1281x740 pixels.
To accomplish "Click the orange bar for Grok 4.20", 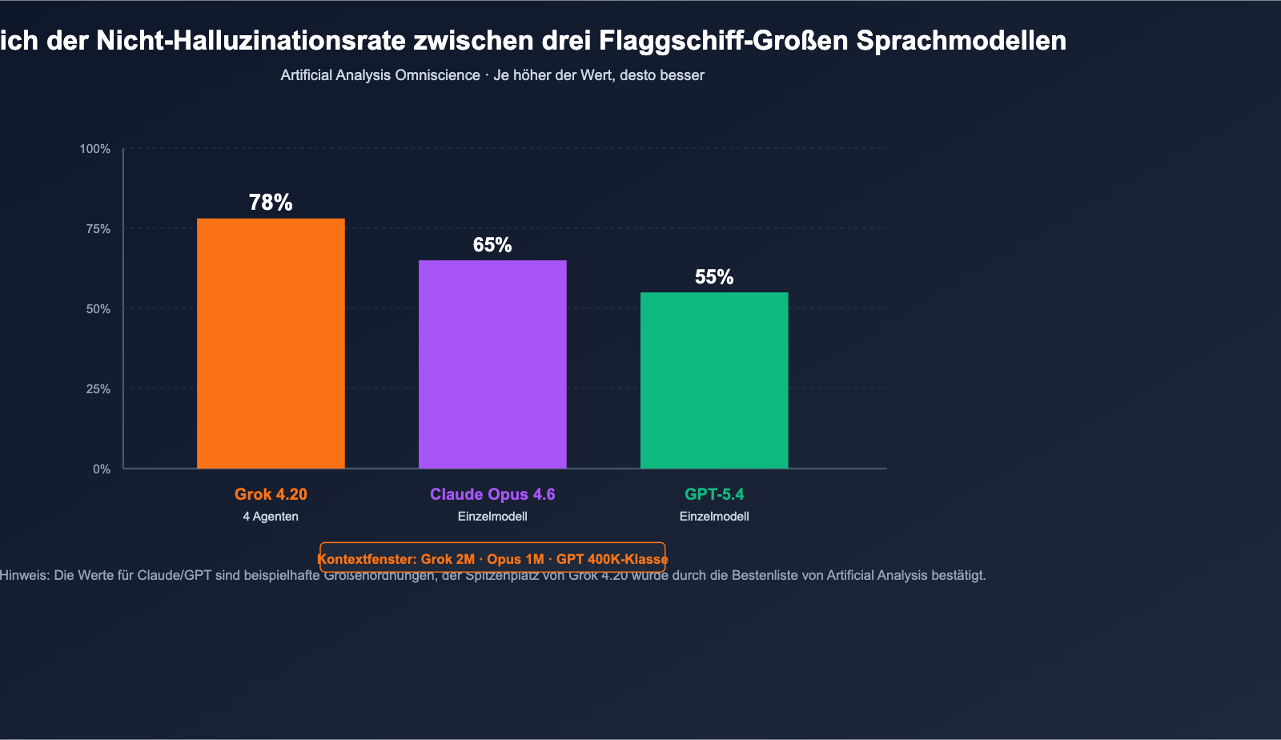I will [271, 344].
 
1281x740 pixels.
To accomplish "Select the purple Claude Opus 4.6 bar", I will [492, 364].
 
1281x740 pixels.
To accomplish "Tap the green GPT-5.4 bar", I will [714, 380].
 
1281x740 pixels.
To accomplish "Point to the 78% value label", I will [271, 203].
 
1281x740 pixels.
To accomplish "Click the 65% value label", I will [492, 245].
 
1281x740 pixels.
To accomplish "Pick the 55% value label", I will [714, 277].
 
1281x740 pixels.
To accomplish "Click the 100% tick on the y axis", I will [95, 149].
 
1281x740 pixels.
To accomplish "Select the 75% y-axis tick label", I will [98, 229].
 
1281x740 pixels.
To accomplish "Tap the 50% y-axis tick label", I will [98, 309].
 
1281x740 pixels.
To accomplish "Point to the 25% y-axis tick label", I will [98, 389].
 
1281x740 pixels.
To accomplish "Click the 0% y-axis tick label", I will [102, 469].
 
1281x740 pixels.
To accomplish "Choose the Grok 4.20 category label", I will [271, 494].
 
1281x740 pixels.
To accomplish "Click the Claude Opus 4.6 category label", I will [492, 494].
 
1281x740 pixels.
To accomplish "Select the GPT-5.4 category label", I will [714, 494].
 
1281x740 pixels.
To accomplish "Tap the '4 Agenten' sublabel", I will [271, 517].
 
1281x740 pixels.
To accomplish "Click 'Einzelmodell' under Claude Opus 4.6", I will [492, 517].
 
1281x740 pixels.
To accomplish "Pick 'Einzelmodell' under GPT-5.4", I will [714, 517].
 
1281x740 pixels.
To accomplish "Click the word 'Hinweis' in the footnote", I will [23, 576].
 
